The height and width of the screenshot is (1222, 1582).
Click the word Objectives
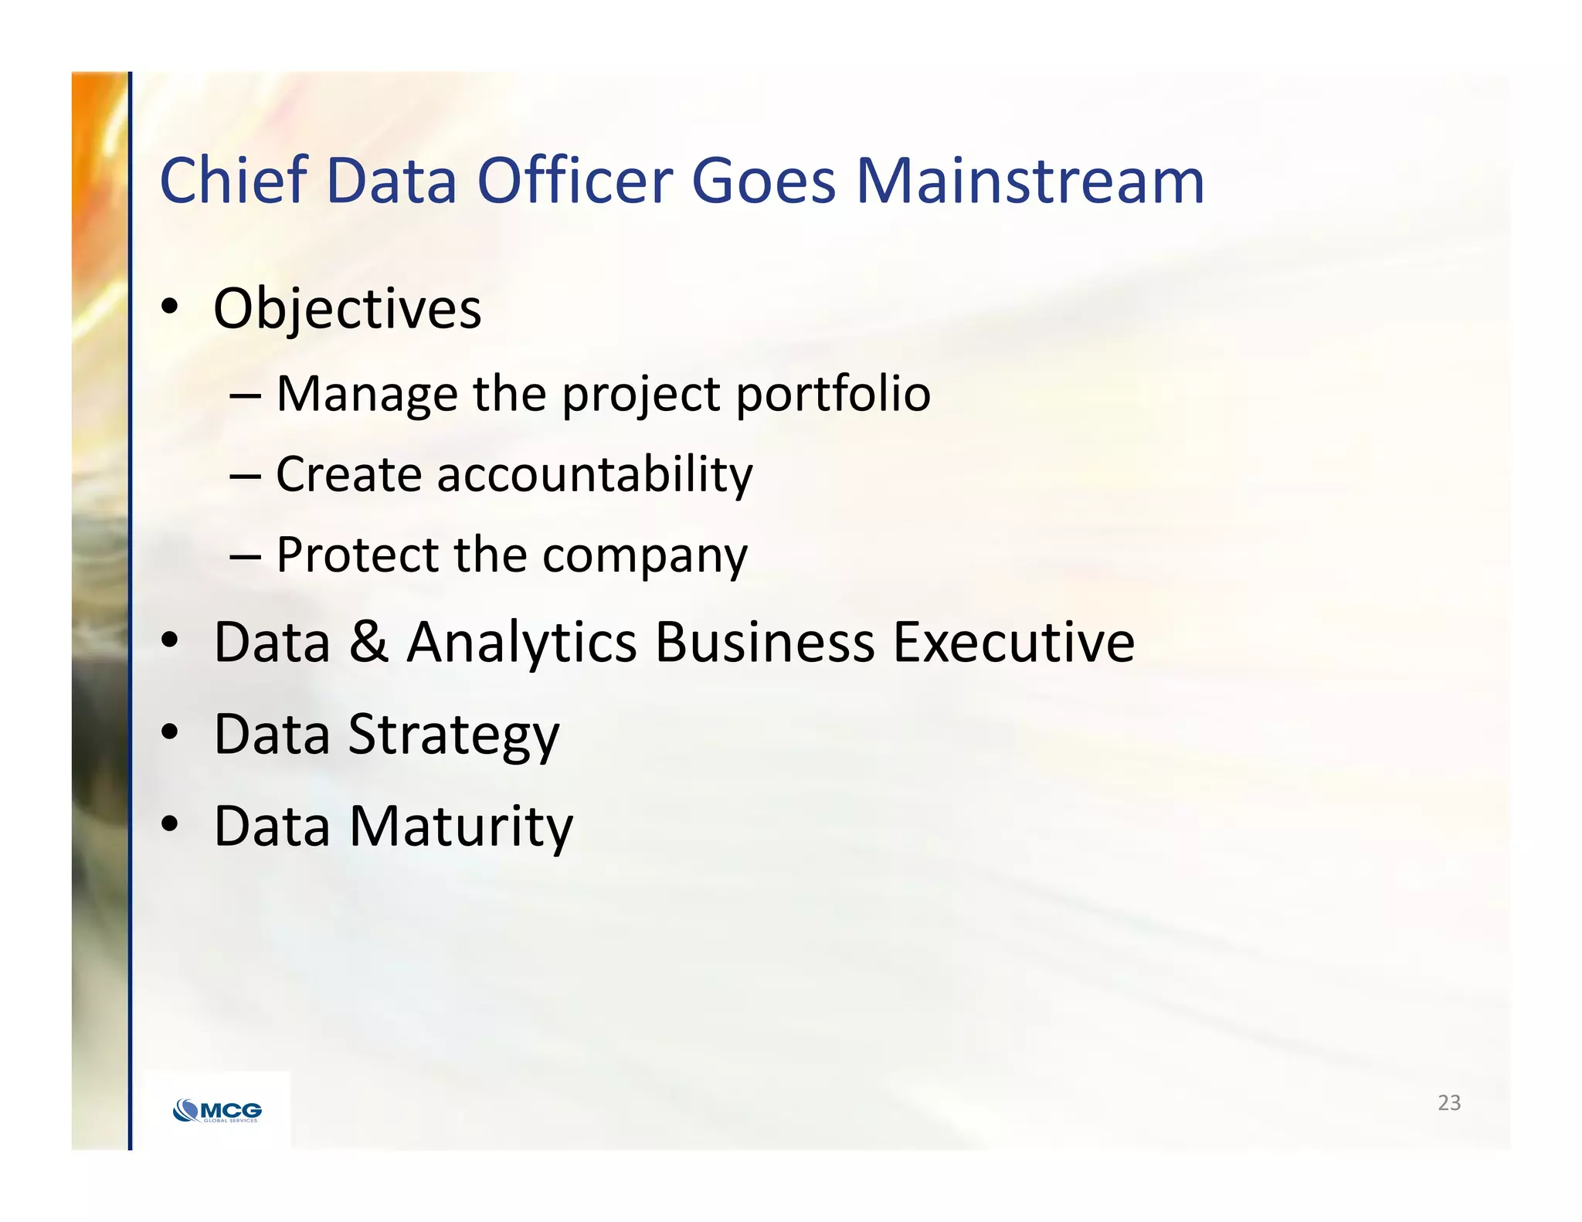[x=347, y=310]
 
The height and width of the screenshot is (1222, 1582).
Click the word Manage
[x=366, y=395]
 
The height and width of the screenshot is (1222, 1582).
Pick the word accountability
[x=594, y=475]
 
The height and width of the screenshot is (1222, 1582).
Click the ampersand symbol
[x=368, y=642]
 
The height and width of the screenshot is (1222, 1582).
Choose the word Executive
[x=1013, y=642]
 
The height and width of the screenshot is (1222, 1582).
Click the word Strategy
[x=453, y=735]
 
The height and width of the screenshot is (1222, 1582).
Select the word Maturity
[x=461, y=827]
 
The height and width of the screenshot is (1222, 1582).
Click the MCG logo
[x=218, y=1111]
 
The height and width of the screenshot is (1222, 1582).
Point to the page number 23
[x=1448, y=1103]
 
